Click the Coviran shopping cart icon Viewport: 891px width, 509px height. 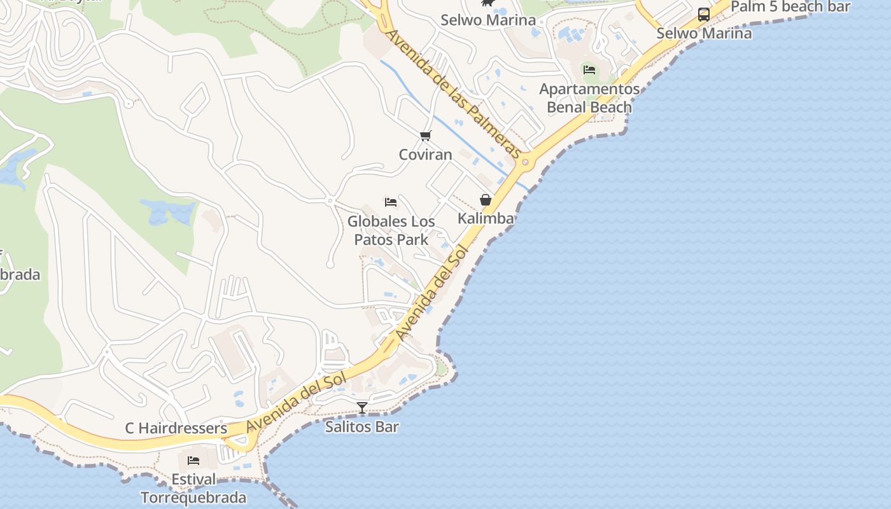(426, 136)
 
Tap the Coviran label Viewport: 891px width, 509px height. (425, 155)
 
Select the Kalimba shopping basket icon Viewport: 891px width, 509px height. (486, 200)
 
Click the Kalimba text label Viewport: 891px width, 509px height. (486, 219)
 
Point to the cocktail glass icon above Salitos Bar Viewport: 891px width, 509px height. (362, 407)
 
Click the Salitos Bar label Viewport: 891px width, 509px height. (361, 426)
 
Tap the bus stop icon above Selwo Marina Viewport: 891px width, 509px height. (703, 15)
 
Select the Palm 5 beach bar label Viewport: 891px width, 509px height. (790, 7)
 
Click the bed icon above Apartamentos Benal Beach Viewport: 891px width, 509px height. (589, 70)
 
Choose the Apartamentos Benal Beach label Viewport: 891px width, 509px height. (589, 98)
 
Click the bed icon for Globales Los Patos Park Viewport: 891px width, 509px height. (391, 202)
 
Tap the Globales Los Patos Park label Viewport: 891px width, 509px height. (391, 230)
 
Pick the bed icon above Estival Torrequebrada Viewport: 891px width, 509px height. (193, 460)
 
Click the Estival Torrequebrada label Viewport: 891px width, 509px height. (193, 488)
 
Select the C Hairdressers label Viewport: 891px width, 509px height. (176, 428)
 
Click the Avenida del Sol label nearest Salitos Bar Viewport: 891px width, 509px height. (297, 402)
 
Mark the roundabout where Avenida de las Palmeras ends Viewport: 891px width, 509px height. (526, 162)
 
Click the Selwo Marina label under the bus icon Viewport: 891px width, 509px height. (704, 33)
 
